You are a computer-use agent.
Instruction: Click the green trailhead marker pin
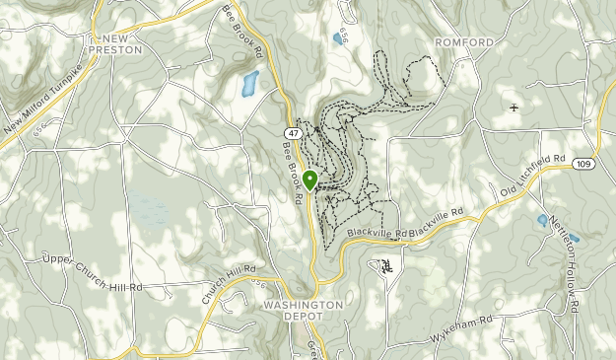pos(309,180)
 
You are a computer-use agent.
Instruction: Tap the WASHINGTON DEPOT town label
pos(304,312)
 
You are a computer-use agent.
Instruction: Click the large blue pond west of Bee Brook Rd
pos(249,84)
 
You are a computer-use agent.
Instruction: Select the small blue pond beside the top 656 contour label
pos(339,40)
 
